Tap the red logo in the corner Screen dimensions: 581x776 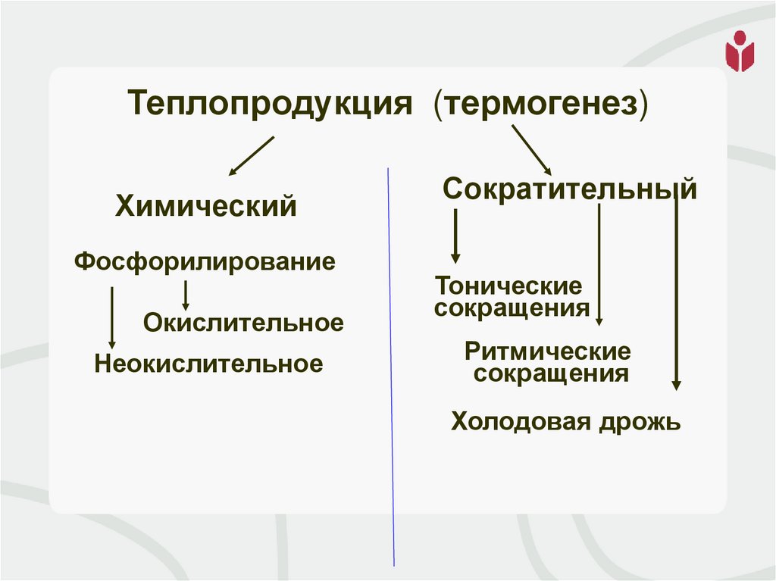tap(740, 52)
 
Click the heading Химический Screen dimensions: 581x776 tap(205, 206)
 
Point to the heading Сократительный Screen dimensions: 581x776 tap(570, 189)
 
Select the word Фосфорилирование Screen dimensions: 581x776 tap(205, 262)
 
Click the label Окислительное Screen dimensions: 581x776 tap(243, 323)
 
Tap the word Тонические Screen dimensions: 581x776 tap(508, 286)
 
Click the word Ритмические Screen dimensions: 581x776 tap(548, 351)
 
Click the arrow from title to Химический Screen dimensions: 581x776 tap(250, 156)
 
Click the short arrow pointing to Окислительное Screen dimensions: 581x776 tap(186, 295)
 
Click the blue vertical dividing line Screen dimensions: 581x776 tap(391, 364)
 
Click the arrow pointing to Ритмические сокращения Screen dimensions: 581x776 tap(599, 265)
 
